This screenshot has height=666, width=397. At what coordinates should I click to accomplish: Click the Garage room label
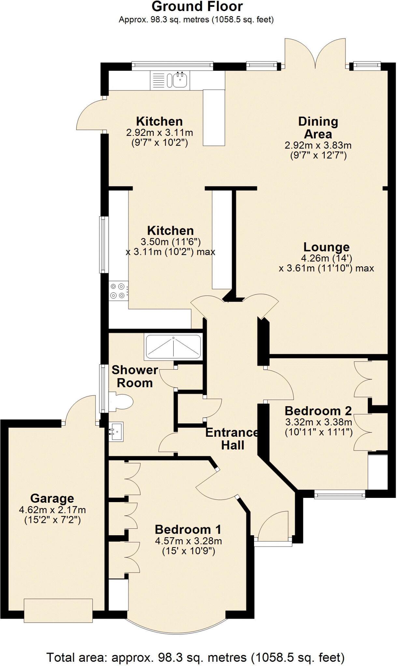(52, 498)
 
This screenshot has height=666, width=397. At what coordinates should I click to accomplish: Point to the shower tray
(173, 347)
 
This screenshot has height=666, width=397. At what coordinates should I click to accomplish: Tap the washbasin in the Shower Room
(116, 431)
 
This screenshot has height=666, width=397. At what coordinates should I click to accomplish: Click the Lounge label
(326, 247)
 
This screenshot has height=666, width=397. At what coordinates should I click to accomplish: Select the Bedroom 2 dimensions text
(319, 427)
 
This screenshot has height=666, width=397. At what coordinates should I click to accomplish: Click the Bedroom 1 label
(188, 529)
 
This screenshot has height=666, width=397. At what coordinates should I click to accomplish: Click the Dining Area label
(318, 127)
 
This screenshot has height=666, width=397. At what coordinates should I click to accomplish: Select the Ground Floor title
(197, 7)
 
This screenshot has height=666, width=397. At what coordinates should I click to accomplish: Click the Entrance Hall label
(232, 438)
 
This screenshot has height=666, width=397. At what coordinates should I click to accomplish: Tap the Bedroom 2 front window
(340, 495)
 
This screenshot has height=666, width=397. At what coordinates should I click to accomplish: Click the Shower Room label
(135, 376)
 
